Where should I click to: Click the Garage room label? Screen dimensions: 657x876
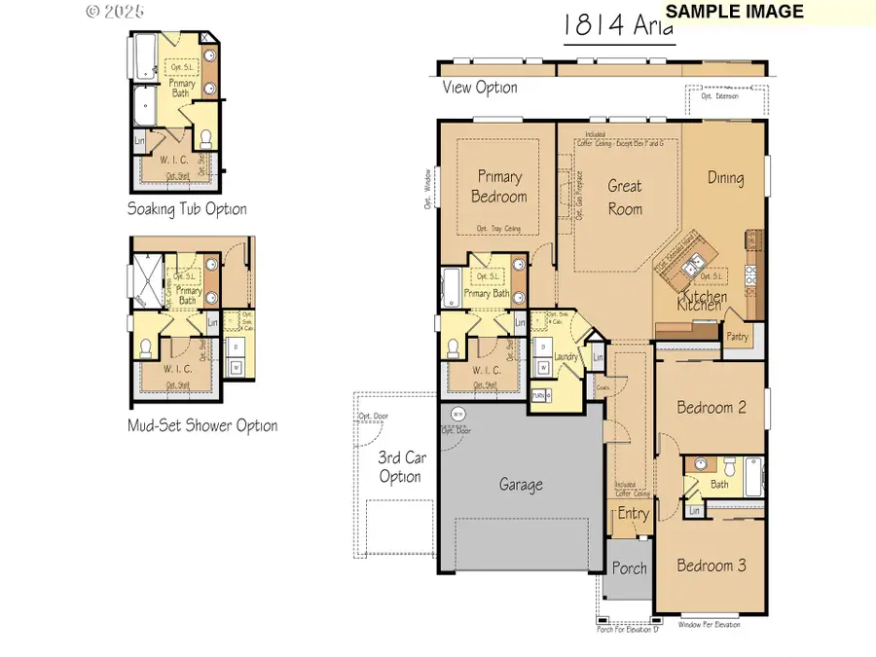[x=522, y=484]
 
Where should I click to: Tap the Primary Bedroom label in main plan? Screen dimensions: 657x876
[x=500, y=187]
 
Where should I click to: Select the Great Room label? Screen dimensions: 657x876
[x=626, y=196]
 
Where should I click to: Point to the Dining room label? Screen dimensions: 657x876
[x=726, y=178]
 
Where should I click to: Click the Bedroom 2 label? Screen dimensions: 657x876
[x=712, y=408]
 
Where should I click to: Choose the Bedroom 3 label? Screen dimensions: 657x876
[x=712, y=566]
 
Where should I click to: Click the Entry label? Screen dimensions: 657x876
[x=634, y=514]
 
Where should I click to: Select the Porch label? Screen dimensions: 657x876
[x=629, y=568]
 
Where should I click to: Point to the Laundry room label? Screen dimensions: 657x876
[x=566, y=357]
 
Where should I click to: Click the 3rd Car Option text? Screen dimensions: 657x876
[x=399, y=466]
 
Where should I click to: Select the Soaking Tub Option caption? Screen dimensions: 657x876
[x=187, y=209]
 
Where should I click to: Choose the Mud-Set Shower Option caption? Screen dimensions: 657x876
[x=202, y=425]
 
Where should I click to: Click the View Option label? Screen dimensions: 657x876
[x=480, y=88]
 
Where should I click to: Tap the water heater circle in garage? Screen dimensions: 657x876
[x=457, y=414]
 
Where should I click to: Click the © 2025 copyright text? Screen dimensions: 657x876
[x=115, y=12]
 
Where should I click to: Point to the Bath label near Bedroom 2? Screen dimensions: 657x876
[x=719, y=484]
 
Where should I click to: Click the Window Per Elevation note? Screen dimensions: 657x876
[x=709, y=624]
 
